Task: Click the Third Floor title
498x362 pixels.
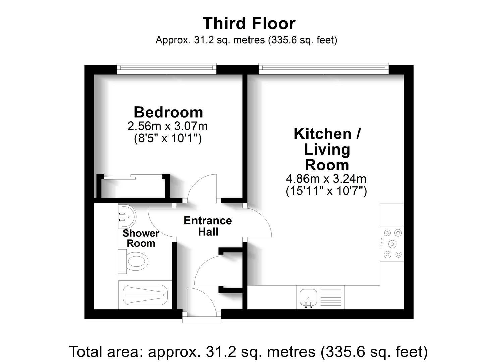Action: pyautogui.click(x=249, y=23)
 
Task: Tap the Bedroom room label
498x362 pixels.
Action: pyautogui.click(x=168, y=112)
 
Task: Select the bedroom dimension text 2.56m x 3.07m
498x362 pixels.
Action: pyautogui.click(x=168, y=126)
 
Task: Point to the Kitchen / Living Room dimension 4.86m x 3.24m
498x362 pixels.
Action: pyautogui.click(x=326, y=178)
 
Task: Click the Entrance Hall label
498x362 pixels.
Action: pyautogui.click(x=208, y=226)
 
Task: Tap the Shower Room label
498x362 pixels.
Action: pyautogui.click(x=141, y=238)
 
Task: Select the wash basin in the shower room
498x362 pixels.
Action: pyautogui.click(x=127, y=216)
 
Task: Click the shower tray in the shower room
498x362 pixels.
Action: pyautogui.click(x=145, y=295)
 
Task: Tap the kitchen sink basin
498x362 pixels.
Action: pyautogui.click(x=309, y=298)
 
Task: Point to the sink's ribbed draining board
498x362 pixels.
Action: pyautogui.click(x=331, y=297)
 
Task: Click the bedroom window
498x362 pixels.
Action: pyautogui.click(x=167, y=69)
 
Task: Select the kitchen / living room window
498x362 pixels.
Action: pyautogui.click(x=324, y=69)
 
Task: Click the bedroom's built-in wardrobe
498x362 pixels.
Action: pyautogui.click(x=133, y=186)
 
